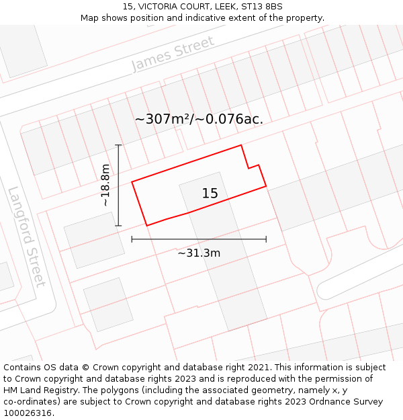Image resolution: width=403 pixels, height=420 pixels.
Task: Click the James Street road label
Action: tap(173, 54)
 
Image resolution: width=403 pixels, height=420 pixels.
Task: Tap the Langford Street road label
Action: tap(27, 236)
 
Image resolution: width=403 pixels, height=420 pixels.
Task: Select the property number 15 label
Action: tap(210, 194)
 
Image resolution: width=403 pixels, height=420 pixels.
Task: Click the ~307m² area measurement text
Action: tap(162, 119)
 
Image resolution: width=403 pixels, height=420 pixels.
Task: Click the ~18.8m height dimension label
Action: tap(105, 185)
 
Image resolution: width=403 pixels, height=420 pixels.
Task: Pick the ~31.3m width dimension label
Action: tap(199, 253)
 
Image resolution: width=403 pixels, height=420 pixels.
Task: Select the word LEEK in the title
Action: tap(220, 7)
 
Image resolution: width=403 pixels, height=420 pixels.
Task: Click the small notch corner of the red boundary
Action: tap(249, 168)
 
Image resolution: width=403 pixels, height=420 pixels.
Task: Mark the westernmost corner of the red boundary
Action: tap(132, 181)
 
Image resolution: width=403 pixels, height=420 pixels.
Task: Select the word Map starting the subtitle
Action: tap(91, 17)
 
